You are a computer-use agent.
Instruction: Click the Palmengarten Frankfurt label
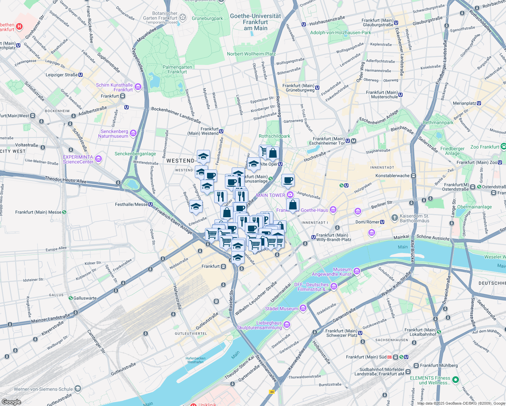pyautogui.click(x=177, y=69)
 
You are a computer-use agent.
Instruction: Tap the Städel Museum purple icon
pyautogui.click(x=303, y=308)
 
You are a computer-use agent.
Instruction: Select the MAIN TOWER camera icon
pyautogui.click(x=290, y=195)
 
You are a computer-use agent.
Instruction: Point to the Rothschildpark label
pyautogui.click(x=274, y=136)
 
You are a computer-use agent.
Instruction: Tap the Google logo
pyautogui.click(x=11, y=402)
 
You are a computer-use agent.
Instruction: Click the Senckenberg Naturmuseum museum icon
pyautogui.click(x=133, y=133)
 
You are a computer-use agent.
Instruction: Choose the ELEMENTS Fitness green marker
pyautogui.click(x=456, y=380)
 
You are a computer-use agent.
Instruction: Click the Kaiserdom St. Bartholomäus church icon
pyautogui.click(x=394, y=218)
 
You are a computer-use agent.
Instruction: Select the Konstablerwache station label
pyautogui.click(x=392, y=176)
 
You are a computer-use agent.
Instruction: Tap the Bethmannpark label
pyautogui.click(x=438, y=122)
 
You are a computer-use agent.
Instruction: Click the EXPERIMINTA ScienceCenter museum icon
pyautogui.click(x=98, y=159)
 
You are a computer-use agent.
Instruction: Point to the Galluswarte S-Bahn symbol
pyautogui.click(x=71, y=298)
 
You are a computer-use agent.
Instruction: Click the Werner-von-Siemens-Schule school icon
pyautogui.click(x=78, y=389)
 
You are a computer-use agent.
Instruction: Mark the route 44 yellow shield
pyautogui.click(x=272, y=391)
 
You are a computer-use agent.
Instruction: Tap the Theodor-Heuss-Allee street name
pyautogui.click(x=66, y=180)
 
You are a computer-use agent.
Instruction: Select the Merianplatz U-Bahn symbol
pyautogui.click(x=479, y=103)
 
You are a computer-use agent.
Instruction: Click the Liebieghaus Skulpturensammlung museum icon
pyautogui.click(x=287, y=325)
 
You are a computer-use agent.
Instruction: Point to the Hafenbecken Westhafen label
pyautogui.click(x=195, y=360)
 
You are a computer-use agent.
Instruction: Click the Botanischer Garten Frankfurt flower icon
pyautogui.click(x=183, y=17)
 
